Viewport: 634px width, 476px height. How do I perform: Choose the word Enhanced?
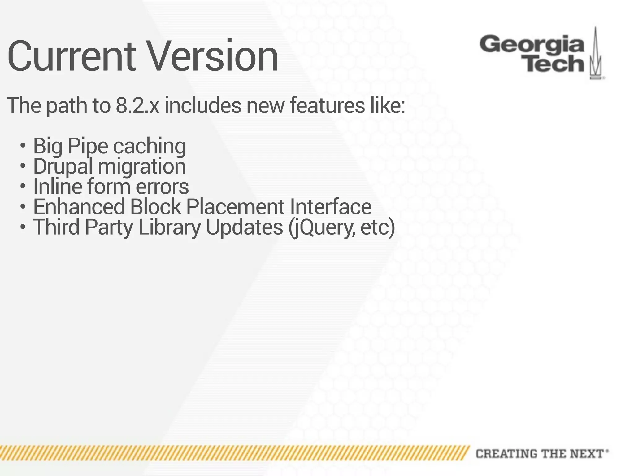pos(79,207)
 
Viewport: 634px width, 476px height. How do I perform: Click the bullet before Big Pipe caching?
pos(22,145)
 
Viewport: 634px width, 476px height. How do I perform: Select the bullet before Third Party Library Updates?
pos(22,227)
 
